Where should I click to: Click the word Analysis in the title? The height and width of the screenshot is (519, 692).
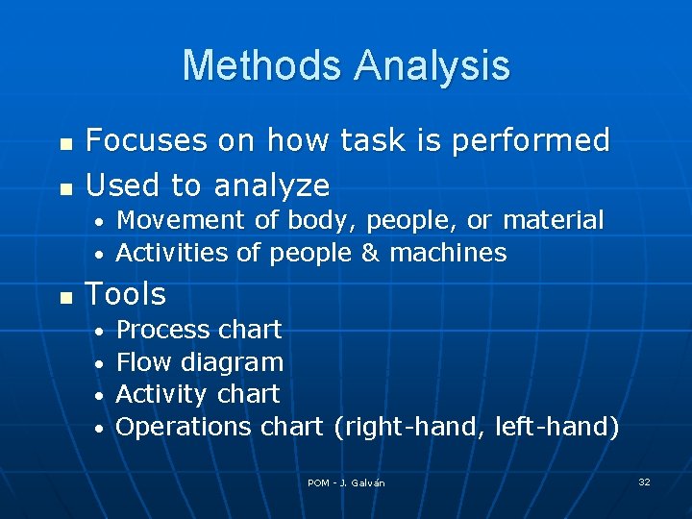point(432,66)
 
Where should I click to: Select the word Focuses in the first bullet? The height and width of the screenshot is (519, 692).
point(143,141)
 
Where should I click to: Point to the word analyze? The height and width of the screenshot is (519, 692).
point(272,185)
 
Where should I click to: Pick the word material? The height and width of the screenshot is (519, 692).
point(554,220)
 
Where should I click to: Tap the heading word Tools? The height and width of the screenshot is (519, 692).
point(126,294)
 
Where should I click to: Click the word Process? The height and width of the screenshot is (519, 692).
point(162,330)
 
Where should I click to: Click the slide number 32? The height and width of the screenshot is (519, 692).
point(644,482)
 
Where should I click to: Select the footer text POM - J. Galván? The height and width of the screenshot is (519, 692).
point(346,482)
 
